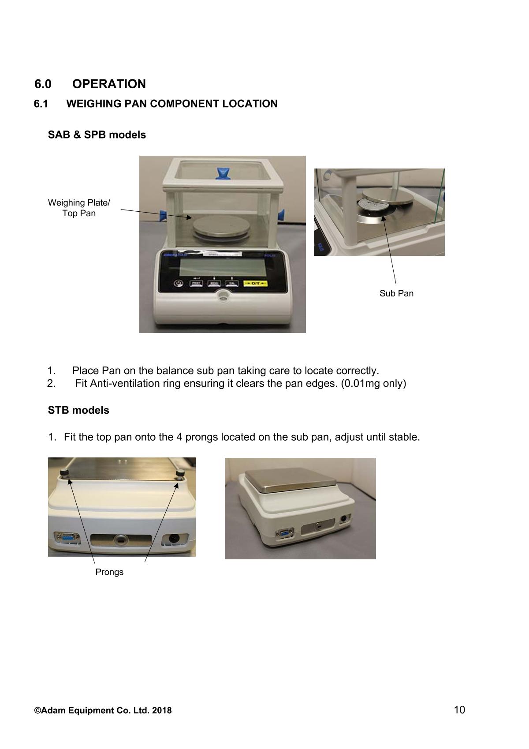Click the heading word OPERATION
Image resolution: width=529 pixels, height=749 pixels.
point(109,84)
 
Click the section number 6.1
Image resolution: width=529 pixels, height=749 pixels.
point(41,104)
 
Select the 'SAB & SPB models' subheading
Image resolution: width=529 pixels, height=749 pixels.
point(97,135)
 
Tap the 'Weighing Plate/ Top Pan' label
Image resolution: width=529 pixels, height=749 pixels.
point(79,208)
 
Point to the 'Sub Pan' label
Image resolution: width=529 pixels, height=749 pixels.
point(396,293)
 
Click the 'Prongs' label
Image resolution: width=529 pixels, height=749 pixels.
point(109,572)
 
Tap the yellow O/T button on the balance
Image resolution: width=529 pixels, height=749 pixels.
point(255,284)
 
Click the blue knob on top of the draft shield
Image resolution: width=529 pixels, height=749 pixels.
point(222,173)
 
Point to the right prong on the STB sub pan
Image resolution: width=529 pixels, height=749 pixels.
point(180,474)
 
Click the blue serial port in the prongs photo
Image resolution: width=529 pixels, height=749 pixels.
point(67,538)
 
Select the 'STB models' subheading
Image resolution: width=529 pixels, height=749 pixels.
point(78,410)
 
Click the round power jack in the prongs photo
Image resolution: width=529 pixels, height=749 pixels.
point(174,539)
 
